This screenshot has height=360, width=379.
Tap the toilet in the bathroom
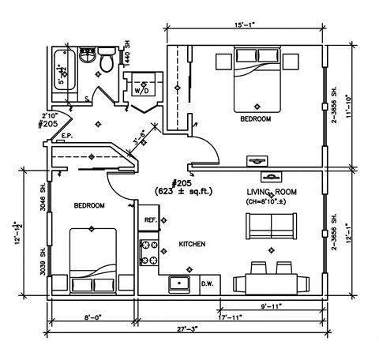[x=107, y=58]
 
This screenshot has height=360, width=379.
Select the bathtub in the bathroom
[x=64, y=73]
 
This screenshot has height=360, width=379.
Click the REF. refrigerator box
[x=150, y=220]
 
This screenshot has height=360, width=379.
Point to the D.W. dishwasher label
[x=208, y=282]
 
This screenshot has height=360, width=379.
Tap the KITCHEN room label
[x=192, y=244]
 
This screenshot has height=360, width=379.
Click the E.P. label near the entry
[x=67, y=137]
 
